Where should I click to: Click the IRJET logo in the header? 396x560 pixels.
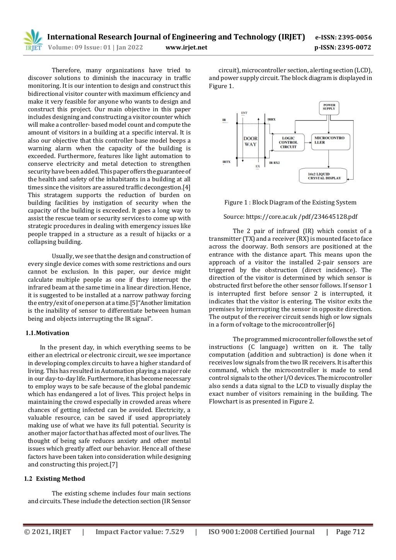[x=33, y=41]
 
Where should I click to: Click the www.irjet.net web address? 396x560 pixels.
[x=186, y=48]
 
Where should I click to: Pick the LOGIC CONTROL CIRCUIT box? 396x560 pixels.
[x=288, y=142]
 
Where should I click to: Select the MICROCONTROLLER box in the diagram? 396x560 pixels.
[x=330, y=140]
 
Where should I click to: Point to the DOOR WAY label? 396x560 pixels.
[x=250, y=141]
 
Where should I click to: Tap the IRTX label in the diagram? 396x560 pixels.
[x=226, y=162]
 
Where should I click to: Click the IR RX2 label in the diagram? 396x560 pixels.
[x=274, y=163]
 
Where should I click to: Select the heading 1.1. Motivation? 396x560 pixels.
[x=47, y=333]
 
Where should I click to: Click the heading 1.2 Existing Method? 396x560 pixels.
[x=55, y=479]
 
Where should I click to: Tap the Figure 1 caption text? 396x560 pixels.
[x=290, y=203]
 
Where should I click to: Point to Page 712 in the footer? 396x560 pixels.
[x=350, y=532]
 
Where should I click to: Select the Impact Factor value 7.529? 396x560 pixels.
[x=140, y=532]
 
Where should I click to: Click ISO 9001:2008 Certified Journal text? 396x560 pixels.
[x=261, y=532]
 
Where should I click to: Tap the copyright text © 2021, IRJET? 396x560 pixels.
[x=48, y=532]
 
